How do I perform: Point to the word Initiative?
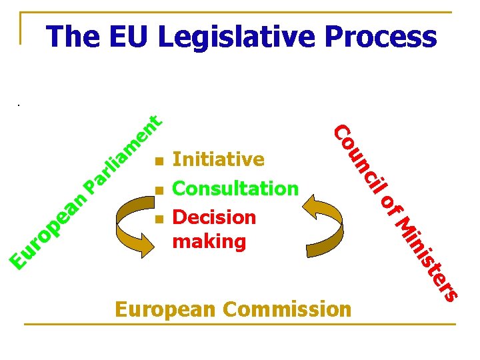click(218, 160)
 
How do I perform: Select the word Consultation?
click(235, 189)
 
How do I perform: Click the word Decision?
click(214, 217)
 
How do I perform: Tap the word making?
click(209, 241)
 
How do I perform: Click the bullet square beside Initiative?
click(158, 161)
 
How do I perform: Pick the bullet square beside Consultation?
click(158, 191)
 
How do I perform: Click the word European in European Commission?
click(167, 310)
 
